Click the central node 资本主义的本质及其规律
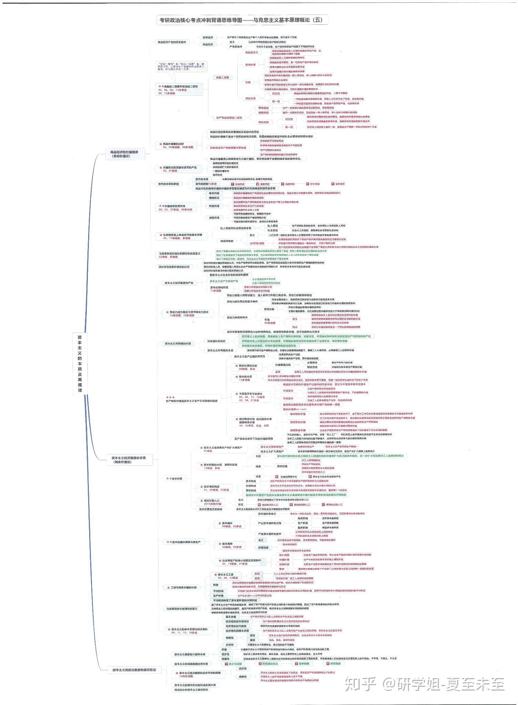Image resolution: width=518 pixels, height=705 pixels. click(x=80, y=364)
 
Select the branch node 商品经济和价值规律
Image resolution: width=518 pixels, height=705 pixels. click(x=124, y=154)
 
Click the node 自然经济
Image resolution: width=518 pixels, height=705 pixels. click(x=208, y=37)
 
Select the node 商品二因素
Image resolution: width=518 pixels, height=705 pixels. click(x=222, y=78)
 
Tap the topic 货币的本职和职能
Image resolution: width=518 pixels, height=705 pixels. click(x=168, y=184)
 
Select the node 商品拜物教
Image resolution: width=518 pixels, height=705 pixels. click(x=227, y=241)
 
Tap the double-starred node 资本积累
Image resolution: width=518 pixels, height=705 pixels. click(x=177, y=478)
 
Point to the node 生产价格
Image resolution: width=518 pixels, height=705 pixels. click(x=218, y=596)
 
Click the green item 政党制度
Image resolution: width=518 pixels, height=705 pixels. click(x=335, y=663)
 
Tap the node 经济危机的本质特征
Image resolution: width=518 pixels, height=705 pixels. click(x=236, y=621)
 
